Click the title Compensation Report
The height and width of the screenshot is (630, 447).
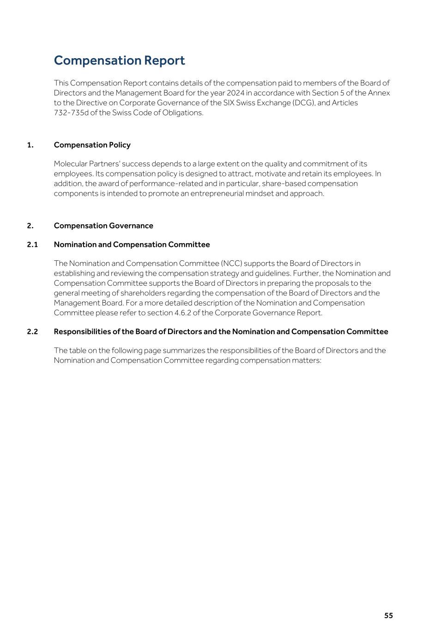[119, 60]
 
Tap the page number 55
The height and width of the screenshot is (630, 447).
[388, 615]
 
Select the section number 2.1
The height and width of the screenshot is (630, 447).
[32, 245]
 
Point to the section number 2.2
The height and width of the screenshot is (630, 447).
[32, 332]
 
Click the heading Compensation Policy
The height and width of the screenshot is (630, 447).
[92, 145]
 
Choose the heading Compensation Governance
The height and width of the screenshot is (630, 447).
[103, 226]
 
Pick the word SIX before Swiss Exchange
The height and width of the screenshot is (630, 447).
[229, 102]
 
